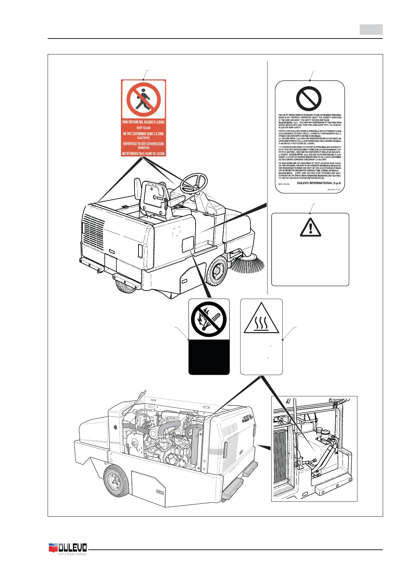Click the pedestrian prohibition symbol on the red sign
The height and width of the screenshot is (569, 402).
(144, 99)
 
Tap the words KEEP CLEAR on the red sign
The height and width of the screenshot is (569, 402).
(144, 128)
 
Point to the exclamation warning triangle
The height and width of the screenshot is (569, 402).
(310, 227)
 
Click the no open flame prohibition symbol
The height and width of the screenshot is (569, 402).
(209, 319)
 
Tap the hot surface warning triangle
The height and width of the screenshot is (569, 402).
(261, 319)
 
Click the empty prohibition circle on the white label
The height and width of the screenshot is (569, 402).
(308, 99)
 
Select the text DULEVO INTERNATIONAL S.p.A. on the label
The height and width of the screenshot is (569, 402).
(319, 183)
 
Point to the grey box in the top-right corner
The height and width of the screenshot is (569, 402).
(371, 30)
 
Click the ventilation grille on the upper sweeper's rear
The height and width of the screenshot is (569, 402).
(94, 232)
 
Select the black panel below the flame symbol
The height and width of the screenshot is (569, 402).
(209, 357)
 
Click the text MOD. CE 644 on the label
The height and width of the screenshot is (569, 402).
(284, 184)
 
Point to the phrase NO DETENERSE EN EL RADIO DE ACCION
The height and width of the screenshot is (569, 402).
(144, 154)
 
